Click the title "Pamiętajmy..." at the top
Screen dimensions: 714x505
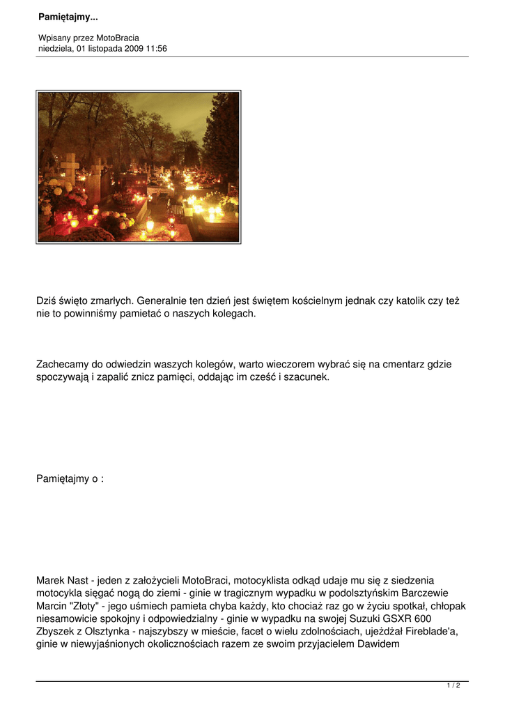click(x=68, y=17)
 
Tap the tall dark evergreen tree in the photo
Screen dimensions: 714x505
click(x=222, y=139)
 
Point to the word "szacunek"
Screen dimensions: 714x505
click(x=304, y=377)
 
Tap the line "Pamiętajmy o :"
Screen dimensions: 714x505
click(x=70, y=479)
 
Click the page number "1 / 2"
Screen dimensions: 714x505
click(x=453, y=685)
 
